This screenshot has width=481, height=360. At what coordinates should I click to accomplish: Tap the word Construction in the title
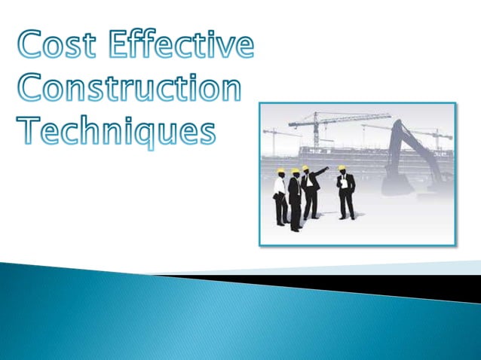129,88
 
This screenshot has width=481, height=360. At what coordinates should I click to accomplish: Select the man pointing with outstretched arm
309,192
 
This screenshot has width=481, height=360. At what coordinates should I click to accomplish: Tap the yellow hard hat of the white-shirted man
280,172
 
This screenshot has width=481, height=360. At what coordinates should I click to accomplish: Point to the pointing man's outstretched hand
326,169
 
